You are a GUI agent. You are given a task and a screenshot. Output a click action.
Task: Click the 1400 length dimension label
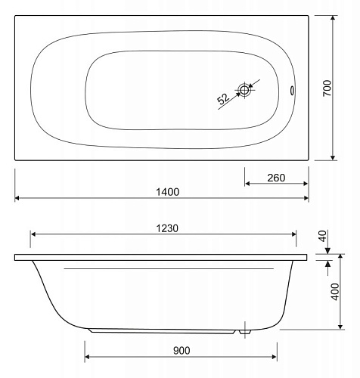point(168,192)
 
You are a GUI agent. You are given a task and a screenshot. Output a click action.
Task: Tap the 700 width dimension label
point(327,88)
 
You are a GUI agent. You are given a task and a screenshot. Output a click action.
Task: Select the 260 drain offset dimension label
point(276,178)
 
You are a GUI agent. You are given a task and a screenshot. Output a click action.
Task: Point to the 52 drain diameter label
point(223,99)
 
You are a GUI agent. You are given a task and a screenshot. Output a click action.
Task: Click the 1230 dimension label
point(167,228)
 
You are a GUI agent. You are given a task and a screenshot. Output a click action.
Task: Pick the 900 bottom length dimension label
point(182,351)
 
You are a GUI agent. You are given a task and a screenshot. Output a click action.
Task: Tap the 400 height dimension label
point(335,292)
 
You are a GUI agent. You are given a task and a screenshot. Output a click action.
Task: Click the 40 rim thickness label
point(322,236)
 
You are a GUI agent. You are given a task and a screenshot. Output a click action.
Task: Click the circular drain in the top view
point(244,90)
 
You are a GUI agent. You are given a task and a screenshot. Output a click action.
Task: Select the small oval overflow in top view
point(292,91)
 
